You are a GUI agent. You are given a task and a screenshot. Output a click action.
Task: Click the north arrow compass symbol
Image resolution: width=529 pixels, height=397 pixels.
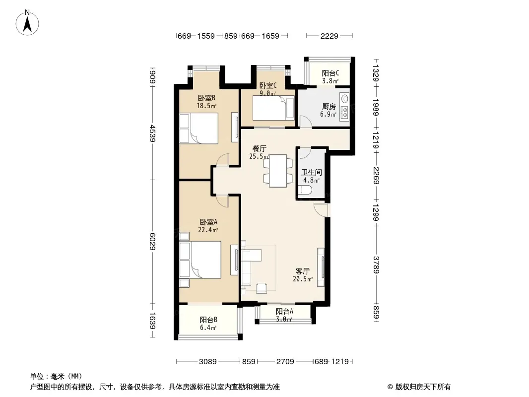click(27, 22)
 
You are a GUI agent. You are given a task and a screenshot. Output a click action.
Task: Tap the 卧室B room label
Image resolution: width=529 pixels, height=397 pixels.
click(206, 98)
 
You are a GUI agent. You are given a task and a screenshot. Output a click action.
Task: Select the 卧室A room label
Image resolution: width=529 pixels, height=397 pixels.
click(208, 222)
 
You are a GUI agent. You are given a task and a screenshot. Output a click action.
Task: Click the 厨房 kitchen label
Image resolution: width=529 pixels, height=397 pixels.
click(329, 107)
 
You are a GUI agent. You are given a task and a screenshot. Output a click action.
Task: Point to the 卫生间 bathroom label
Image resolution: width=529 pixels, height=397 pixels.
click(311, 172)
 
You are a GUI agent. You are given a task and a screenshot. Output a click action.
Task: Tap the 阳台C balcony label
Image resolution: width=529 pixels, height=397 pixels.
click(331, 73)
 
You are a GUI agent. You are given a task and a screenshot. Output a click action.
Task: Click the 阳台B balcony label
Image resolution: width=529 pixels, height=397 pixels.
click(208, 320)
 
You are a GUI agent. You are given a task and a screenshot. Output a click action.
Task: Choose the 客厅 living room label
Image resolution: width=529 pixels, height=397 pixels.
click(302, 271)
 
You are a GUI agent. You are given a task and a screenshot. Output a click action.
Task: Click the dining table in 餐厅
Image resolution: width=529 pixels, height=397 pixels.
click(278, 171)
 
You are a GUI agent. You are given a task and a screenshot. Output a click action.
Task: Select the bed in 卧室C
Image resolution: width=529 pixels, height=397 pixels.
click(273, 108)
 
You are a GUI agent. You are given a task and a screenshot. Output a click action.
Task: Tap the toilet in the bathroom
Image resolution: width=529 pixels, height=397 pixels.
click(305, 190)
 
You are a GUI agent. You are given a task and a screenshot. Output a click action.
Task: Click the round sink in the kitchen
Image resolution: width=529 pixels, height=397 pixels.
click(344, 98)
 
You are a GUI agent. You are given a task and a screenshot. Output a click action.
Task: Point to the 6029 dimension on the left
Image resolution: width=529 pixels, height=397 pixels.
click(152, 242)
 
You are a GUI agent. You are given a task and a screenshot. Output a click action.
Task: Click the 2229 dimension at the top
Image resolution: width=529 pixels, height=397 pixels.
click(329, 36)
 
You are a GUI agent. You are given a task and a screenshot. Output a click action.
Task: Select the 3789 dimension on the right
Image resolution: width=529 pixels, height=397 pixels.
click(376, 265)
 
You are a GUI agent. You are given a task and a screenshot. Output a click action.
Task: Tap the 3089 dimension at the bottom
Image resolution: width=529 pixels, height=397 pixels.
click(207, 362)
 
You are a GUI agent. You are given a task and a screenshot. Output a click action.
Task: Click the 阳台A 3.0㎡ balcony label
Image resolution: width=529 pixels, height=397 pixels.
click(284, 315)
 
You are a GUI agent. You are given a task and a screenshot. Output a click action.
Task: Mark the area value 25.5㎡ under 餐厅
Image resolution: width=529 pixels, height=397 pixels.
click(259, 156)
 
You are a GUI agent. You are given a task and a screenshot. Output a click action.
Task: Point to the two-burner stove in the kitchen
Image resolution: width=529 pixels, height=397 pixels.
click(344, 112)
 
